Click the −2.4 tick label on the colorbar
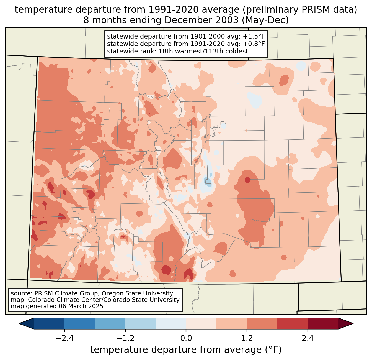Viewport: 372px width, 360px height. tap(64, 338)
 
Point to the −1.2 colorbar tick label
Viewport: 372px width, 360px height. tap(125, 338)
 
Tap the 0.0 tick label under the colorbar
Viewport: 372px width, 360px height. tap(186, 338)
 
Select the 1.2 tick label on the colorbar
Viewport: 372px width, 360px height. tap(247, 338)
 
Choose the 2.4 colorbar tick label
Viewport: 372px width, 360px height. tap(308, 338)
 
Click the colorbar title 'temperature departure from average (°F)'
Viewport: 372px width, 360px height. tap(186, 350)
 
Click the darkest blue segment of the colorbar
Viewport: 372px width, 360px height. tap(49, 323)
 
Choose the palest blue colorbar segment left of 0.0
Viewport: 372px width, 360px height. tap(171, 323)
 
